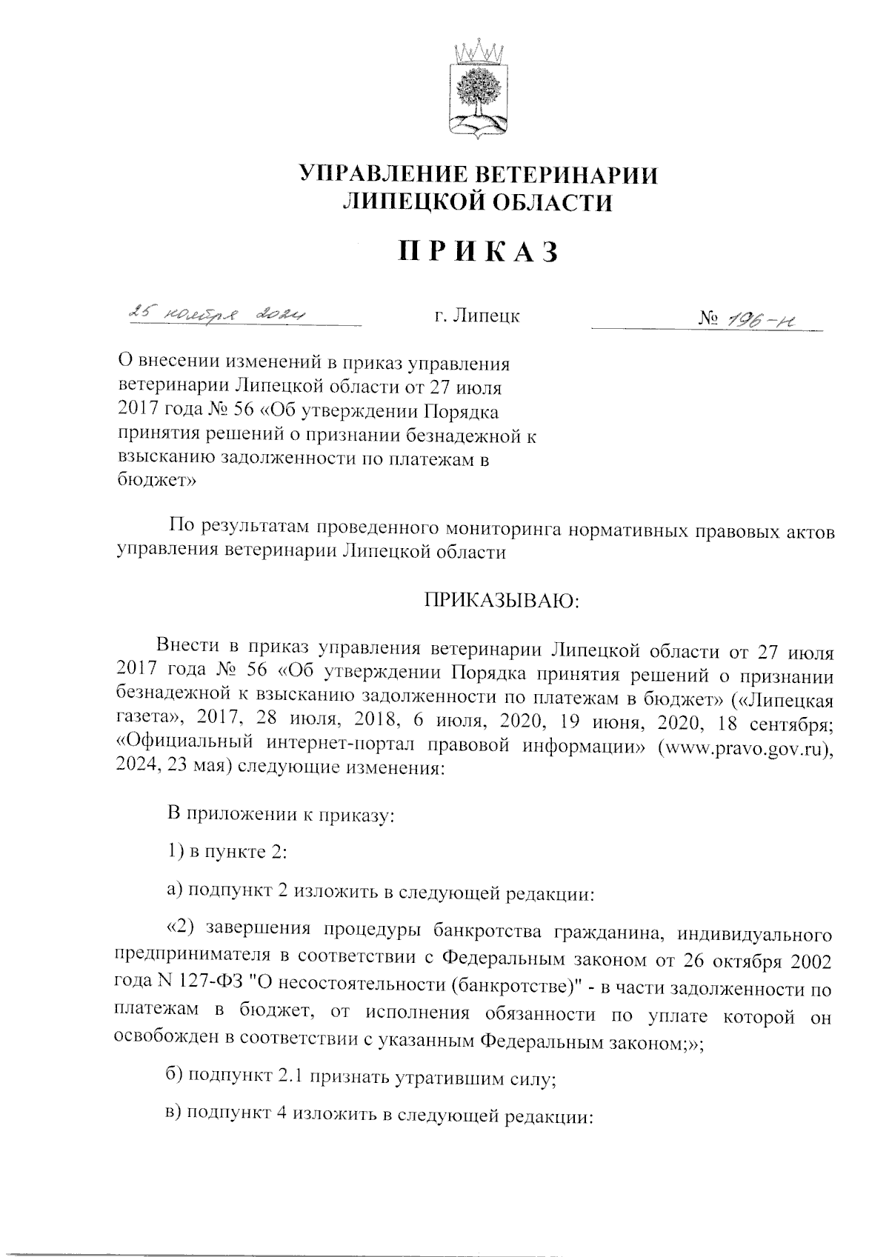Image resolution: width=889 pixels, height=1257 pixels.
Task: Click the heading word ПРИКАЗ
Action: pos(478,253)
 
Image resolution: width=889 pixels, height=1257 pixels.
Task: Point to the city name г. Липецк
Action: pos(477,316)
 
